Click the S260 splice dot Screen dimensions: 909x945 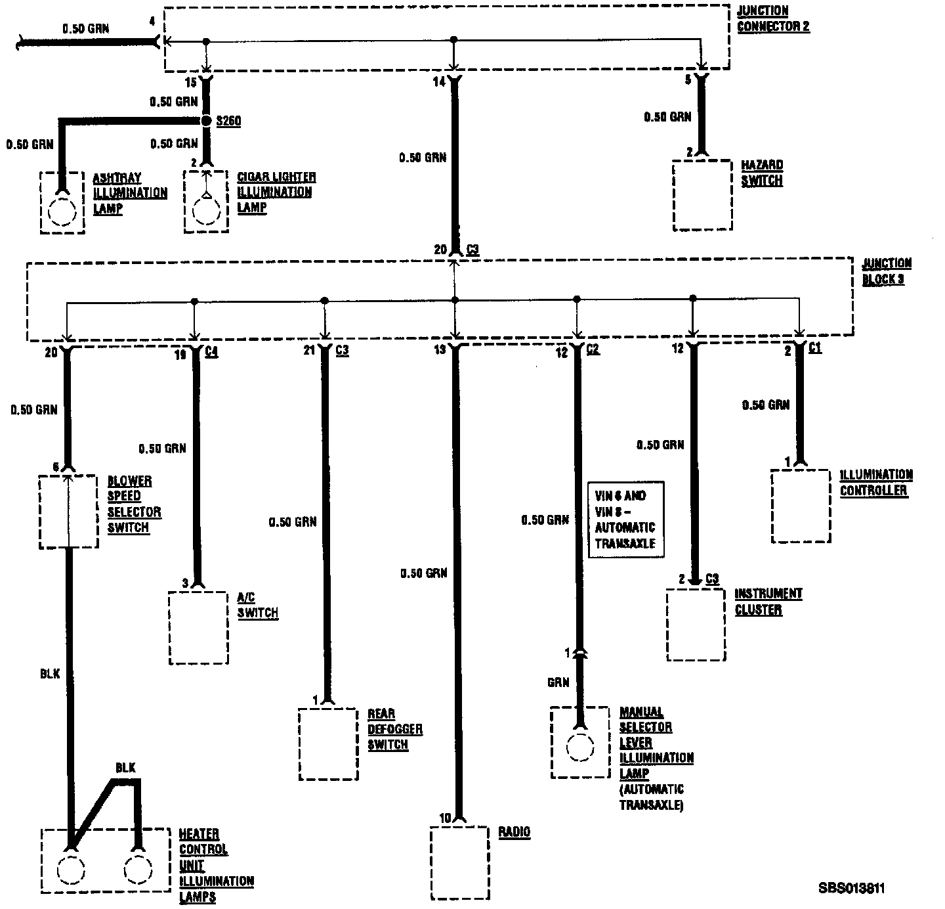click(x=207, y=121)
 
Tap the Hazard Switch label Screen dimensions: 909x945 click(x=762, y=173)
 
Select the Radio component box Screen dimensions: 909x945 click(x=460, y=862)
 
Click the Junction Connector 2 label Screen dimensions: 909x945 click(x=772, y=18)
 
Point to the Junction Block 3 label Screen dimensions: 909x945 click(x=886, y=271)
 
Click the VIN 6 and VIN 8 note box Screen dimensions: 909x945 click(x=625, y=520)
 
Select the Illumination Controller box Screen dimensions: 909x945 click(x=801, y=506)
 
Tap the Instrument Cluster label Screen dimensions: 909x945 click(x=768, y=602)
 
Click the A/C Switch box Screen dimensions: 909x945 click(x=199, y=627)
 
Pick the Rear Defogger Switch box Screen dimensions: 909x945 click(x=328, y=743)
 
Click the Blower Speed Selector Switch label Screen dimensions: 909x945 click(x=134, y=504)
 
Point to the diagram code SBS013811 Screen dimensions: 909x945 click(x=851, y=889)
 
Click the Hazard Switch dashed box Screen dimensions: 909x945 click(x=702, y=195)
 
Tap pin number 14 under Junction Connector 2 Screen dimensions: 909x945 click(x=438, y=81)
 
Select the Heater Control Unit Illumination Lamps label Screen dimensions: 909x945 click(x=216, y=865)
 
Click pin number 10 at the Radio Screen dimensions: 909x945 click(x=445, y=818)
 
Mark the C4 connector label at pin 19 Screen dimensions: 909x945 click(x=211, y=351)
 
